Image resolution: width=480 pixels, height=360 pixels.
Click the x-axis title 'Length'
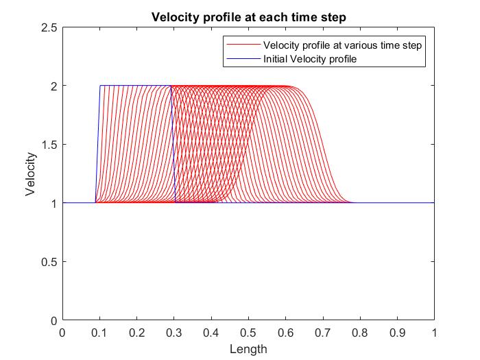(x=248, y=349)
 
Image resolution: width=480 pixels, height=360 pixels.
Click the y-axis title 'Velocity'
(x=31, y=174)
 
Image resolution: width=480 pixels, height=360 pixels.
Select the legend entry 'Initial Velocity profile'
(x=310, y=60)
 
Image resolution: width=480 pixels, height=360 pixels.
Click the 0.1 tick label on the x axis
(x=99, y=333)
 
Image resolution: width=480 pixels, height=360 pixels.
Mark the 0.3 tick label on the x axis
(x=174, y=333)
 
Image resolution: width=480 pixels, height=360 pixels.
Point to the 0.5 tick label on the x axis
(x=248, y=333)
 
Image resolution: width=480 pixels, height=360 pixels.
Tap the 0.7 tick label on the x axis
(x=322, y=333)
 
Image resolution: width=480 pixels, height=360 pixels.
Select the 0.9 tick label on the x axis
(x=397, y=333)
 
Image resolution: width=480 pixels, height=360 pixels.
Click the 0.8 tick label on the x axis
(x=360, y=333)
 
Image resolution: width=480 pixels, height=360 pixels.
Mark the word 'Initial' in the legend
(x=276, y=60)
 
